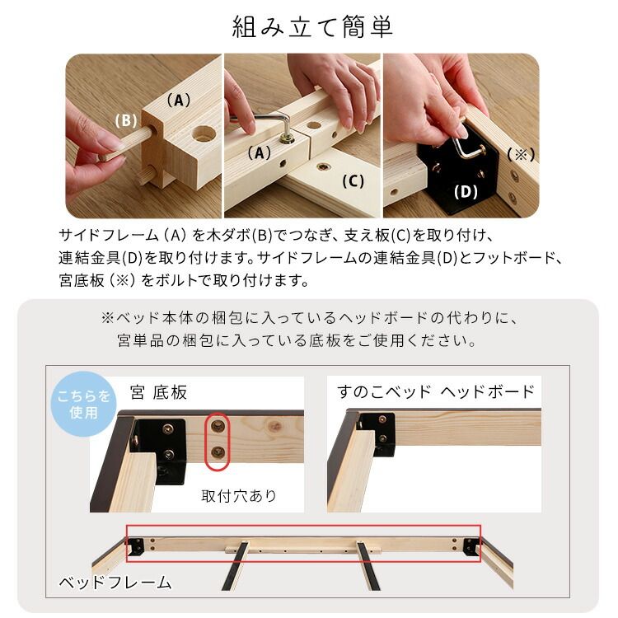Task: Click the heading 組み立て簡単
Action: [312, 26]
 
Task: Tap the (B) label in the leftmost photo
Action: [125, 120]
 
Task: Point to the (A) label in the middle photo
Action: [259, 153]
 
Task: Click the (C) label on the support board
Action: [352, 181]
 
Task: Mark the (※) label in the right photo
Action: [521, 154]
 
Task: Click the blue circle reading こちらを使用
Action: [84, 405]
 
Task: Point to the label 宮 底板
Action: [159, 392]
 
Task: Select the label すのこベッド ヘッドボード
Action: [436, 391]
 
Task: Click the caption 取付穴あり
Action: [239, 496]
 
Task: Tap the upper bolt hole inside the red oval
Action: [217, 425]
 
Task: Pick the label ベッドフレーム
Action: [115, 583]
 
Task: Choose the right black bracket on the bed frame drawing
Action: [471, 546]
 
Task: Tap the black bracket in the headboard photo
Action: [382, 433]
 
